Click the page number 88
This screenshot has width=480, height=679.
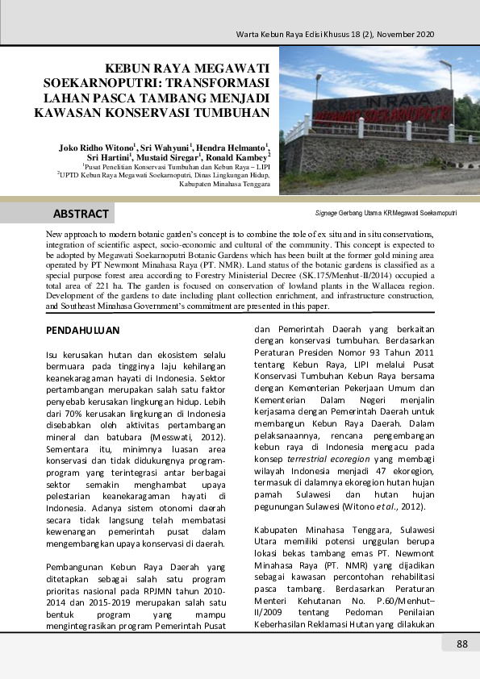coord(462,644)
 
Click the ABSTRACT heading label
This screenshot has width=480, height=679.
coord(81,214)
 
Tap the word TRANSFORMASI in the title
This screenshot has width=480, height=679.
coord(217,83)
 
